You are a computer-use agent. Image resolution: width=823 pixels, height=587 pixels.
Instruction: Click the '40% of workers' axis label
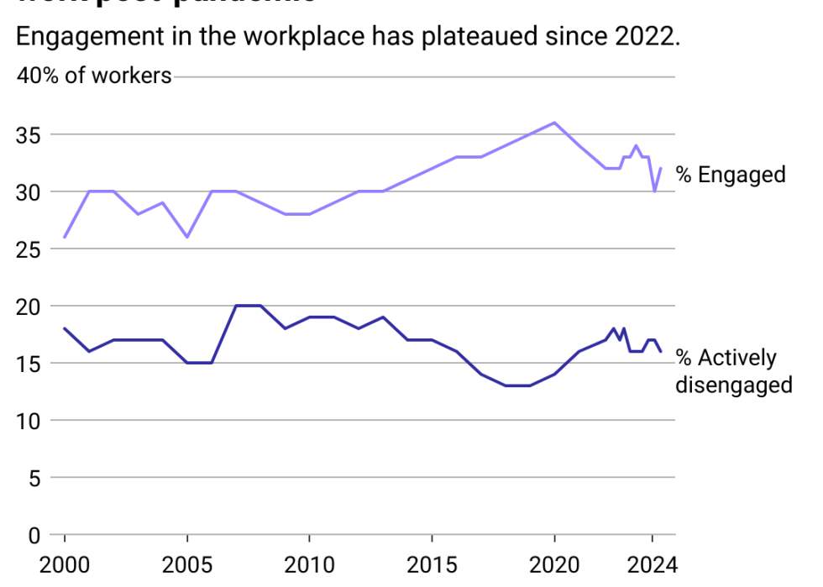click(94, 76)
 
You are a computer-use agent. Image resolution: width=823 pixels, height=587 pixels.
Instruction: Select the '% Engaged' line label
click(731, 175)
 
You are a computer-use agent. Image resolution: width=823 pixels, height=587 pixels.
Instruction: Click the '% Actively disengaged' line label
click(734, 371)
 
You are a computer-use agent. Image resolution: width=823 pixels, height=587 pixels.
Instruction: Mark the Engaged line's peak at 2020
click(554, 123)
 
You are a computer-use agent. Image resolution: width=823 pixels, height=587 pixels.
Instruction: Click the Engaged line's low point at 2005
click(186, 237)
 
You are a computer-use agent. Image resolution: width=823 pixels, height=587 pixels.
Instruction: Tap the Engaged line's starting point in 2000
click(65, 237)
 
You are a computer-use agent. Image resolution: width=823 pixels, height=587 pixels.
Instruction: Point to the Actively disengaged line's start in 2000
click(65, 328)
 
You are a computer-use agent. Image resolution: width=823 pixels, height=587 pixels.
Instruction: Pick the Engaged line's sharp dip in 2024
click(654, 191)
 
